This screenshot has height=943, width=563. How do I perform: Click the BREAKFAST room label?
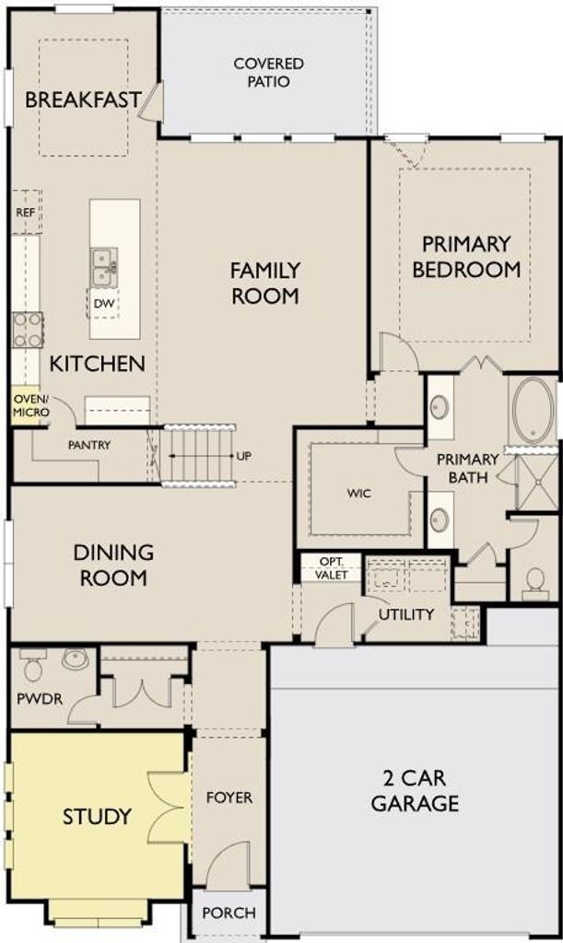pos(83,99)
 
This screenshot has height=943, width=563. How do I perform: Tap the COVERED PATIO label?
pos(268,72)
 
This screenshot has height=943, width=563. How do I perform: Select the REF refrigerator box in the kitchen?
pos(26,212)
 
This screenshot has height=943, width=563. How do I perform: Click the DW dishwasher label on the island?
pos(103,304)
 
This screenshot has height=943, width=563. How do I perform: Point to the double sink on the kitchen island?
pos(104,267)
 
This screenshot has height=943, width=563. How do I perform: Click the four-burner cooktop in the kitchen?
pos(28,330)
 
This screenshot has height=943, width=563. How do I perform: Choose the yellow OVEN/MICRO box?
pos(26,406)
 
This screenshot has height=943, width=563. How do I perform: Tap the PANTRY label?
pos(89,445)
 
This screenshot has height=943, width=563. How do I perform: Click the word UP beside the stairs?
pos(243,456)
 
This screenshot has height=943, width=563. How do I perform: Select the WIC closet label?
pos(359,494)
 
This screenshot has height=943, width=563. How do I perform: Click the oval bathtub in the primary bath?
pos(533,410)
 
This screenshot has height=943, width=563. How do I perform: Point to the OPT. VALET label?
pos(332,567)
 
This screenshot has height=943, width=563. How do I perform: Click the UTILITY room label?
pos(406,614)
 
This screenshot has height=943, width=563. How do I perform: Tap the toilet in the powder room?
pos(31,665)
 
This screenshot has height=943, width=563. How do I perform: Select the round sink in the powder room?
pos(76,658)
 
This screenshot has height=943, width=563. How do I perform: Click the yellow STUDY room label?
pos(97,816)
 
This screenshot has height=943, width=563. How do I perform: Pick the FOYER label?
pos(229,797)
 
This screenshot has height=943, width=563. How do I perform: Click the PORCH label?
pos(229,913)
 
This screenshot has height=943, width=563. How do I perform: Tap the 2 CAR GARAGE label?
pos(415,790)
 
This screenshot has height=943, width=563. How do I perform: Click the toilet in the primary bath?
pos(534,583)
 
